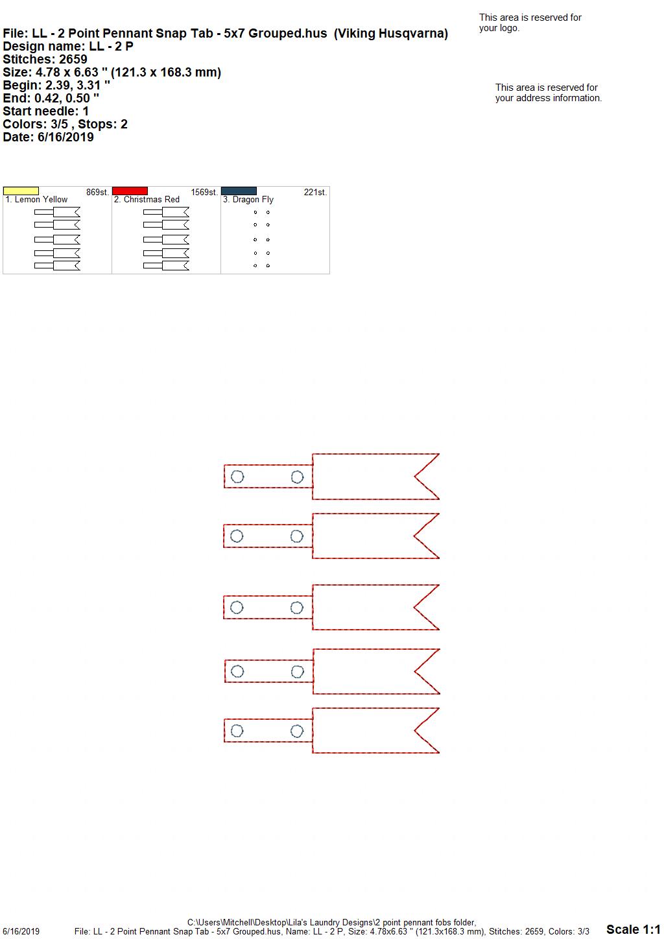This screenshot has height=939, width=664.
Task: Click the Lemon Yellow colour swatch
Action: tap(21, 191)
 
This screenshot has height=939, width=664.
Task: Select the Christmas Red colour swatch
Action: tap(130, 191)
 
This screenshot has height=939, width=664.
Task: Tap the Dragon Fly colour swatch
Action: tap(239, 191)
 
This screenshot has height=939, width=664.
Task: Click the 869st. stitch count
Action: tap(97, 193)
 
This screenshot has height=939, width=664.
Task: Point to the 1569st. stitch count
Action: tap(204, 193)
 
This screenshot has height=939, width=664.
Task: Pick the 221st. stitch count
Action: tap(315, 193)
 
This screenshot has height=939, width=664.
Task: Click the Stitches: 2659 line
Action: tap(45, 60)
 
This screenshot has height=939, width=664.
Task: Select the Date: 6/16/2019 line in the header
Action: tap(48, 137)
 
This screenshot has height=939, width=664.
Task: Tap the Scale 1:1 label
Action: tap(634, 929)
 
